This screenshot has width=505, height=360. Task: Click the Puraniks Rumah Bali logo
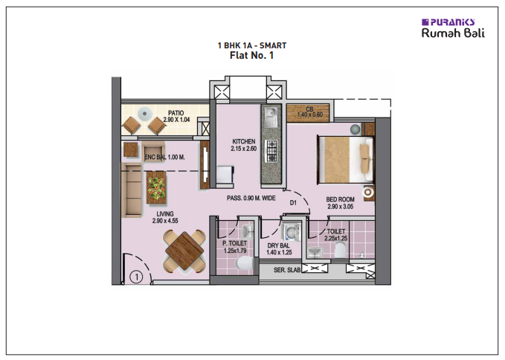point(448,28)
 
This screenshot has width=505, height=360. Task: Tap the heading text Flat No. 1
point(252,54)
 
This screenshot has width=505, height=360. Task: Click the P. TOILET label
point(234,246)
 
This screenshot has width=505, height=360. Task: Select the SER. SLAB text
point(286,269)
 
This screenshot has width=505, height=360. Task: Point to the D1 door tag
point(294,202)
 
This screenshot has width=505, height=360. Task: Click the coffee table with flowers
point(157,187)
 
